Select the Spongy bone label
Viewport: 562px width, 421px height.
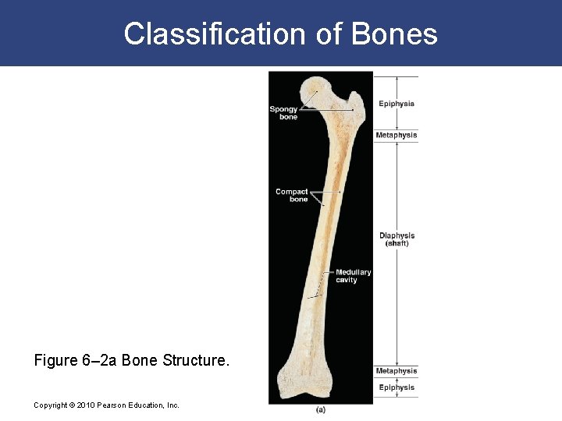(283, 113)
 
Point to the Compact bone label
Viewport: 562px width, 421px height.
(292, 196)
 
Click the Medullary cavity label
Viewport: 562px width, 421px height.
(353, 276)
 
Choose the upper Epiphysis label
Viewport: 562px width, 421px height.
(397, 104)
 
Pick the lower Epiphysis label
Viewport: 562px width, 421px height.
(397, 387)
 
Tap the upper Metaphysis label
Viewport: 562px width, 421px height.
(397, 136)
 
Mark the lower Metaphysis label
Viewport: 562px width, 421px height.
(397, 371)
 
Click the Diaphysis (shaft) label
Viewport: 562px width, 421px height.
(397, 239)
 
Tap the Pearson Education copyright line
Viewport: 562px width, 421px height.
(106, 405)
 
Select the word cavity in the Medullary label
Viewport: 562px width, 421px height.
(347, 280)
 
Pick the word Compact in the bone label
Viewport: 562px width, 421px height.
(292, 192)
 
